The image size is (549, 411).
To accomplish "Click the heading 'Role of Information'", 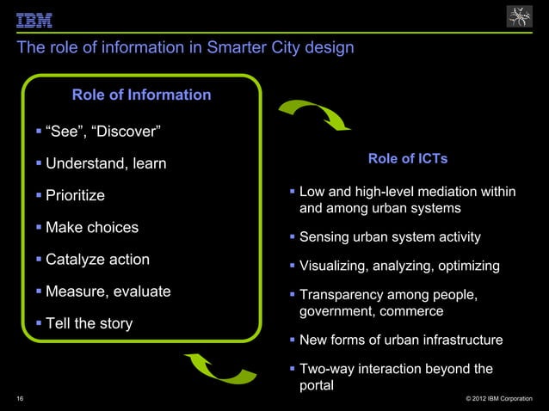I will [141, 95].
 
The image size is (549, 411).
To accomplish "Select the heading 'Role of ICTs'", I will [407, 159].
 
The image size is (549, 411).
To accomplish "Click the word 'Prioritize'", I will [75, 195].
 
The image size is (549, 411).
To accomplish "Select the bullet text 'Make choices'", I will [91, 228].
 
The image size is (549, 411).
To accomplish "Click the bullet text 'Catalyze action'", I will [97, 260].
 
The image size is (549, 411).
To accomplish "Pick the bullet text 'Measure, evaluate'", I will [108, 291].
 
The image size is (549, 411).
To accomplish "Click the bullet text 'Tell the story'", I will [89, 324].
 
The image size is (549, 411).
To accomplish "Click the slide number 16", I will [20, 399].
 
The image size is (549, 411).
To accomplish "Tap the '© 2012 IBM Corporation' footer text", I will [498, 399].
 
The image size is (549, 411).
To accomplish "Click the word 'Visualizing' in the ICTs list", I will [333, 267].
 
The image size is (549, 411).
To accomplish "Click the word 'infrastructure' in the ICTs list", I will [458, 340].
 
